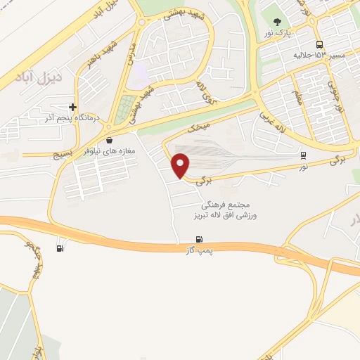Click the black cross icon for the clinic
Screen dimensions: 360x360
(72, 108)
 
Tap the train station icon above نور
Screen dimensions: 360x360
(303, 155)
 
